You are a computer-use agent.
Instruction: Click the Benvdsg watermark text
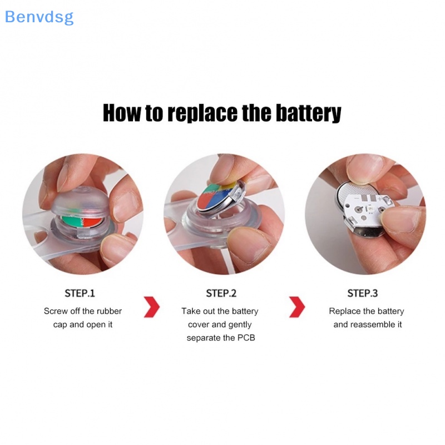coord(39,17)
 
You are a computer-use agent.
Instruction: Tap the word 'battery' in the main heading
coord(303,113)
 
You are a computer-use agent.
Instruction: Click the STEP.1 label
coord(81,293)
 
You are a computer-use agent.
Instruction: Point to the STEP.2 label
coord(221,293)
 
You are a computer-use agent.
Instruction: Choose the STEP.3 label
coord(362,293)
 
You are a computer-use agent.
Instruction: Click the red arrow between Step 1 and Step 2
coord(151,307)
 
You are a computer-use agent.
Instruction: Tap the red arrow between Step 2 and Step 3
coord(297,307)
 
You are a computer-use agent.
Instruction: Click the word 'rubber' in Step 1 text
coord(110,311)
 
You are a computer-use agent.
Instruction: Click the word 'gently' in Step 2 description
coord(239,324)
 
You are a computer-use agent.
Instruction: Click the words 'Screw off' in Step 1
coord(62,311)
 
